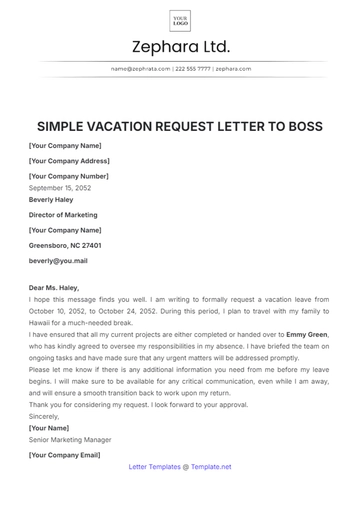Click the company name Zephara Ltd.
180,47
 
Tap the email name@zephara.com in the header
139,69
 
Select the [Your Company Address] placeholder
69,160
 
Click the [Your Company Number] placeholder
68,175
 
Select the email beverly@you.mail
58,260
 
